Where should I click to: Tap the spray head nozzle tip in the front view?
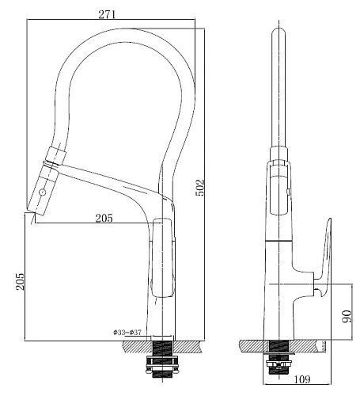point(32,210)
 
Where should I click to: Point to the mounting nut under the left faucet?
point(164,367)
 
